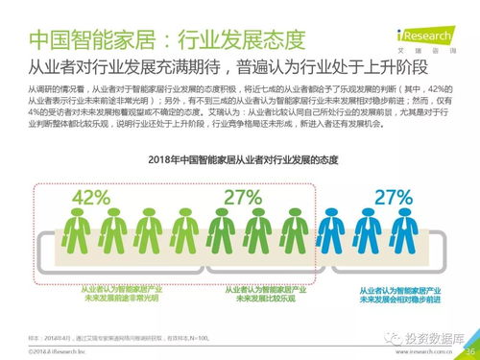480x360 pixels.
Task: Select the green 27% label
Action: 243,197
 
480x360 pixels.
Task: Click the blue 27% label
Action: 393,197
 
